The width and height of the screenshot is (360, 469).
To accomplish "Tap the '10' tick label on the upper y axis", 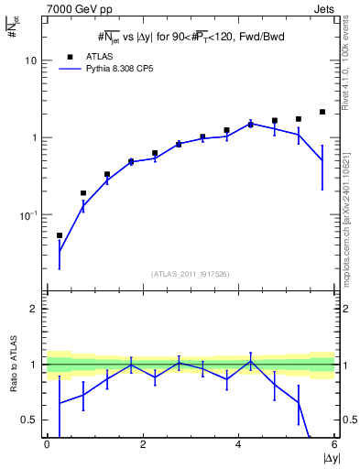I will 30,60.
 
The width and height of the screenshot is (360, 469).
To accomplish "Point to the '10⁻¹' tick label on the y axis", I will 27,214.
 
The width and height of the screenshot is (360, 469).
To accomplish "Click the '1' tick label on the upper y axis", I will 34,137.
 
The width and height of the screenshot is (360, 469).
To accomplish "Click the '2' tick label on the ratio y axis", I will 34,309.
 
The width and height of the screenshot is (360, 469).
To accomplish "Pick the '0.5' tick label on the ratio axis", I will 29,420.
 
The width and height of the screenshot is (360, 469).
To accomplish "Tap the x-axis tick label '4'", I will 238,444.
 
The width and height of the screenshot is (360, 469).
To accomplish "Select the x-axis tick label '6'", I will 334,444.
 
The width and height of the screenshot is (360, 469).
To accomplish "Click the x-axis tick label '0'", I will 47,444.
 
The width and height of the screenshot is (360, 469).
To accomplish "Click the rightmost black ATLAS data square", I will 322,112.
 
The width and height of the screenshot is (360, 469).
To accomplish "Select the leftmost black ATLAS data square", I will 60,235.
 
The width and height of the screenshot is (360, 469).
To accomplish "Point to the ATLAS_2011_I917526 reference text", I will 190,274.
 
